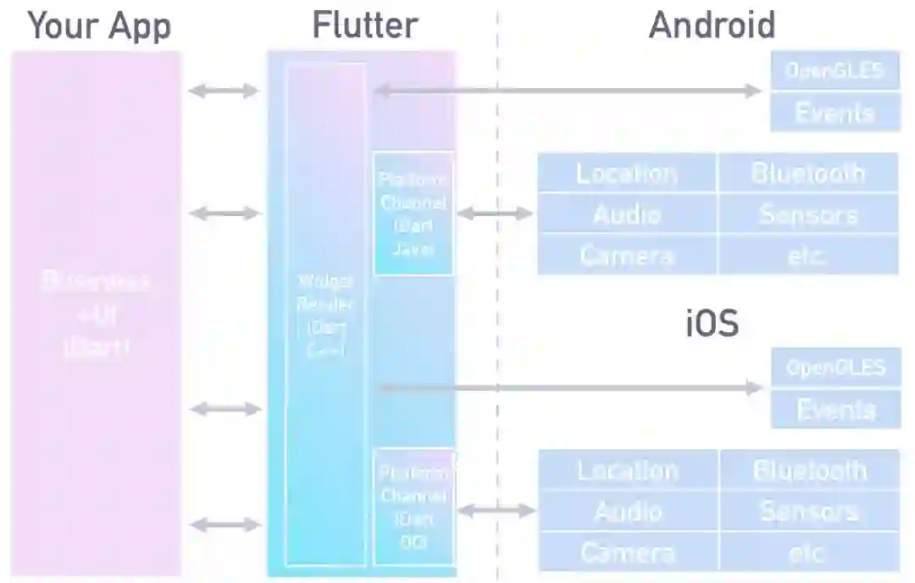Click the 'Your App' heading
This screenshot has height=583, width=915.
coord(99,26)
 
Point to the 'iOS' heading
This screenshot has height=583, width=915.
coord(712,324)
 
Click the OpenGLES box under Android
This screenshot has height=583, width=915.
coord(835,70)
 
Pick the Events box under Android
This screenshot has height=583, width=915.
coord(835,112)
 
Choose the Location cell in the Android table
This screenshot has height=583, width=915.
coord(627,173)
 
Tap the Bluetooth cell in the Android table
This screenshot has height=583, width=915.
coord(807,173)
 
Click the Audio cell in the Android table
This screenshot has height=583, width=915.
coord(627,214)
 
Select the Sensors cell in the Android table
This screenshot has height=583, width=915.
coord(807,214)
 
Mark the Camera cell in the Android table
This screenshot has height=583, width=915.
coord(627,255)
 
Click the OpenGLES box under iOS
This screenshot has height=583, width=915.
coord(835,368)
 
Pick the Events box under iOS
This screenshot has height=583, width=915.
coord(835,410)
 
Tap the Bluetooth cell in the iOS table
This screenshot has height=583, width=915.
coord(809,470)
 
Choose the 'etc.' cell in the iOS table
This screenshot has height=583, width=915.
coord(809,552)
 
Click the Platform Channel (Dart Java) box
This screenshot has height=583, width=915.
coord(413,214)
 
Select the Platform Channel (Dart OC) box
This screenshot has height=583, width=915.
coord(413,507)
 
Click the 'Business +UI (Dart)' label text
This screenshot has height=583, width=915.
coord(96,314)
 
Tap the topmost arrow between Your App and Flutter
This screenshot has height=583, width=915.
coord(224,91)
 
